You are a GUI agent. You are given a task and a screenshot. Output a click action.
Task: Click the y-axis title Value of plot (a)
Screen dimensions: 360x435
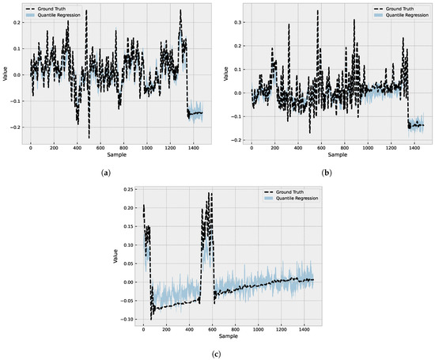click(x=6, y=75)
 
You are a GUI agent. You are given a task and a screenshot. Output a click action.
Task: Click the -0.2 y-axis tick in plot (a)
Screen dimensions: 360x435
click(x=15, y=127)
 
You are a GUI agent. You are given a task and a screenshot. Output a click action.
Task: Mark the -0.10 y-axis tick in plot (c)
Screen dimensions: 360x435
click(x=127, y=319)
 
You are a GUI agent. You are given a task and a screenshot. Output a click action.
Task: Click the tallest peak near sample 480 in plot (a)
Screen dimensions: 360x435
click(x=86, y=11)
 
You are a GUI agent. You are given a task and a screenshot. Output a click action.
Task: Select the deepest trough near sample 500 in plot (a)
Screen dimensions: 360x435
click(x=89, y=138)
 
